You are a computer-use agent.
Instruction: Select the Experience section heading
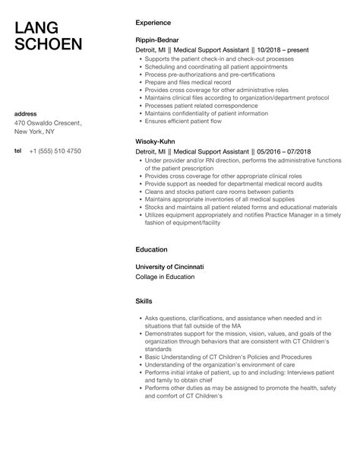(x=153, y=23)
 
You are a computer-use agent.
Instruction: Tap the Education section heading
(x=151, y=249)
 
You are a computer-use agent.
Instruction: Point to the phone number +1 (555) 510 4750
(x=55, y=151)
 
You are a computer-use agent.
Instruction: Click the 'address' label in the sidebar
(x=27, y=113)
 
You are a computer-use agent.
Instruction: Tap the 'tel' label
(x=17, y=151)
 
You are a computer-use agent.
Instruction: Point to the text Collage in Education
(x=165, y=277)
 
